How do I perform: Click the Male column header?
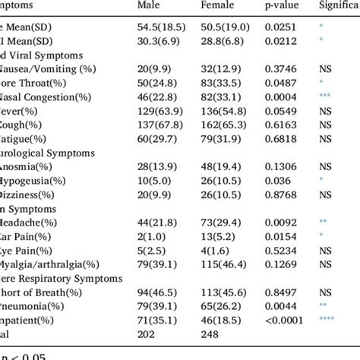pos(148,7)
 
